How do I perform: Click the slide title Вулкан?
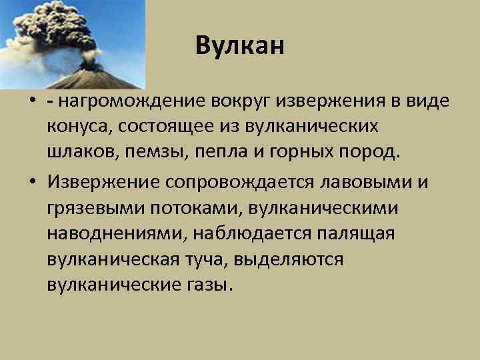click(x=240, y=46)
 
